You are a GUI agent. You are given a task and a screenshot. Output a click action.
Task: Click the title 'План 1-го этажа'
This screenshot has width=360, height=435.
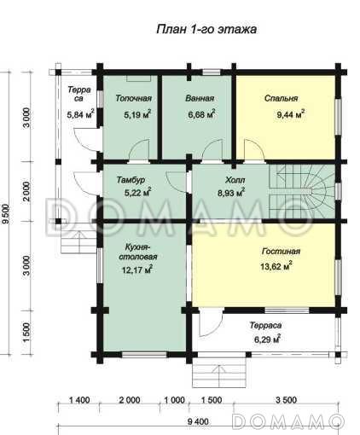click(206, 29)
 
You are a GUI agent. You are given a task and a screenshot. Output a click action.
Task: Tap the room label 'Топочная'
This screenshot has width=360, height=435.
click(133, 98)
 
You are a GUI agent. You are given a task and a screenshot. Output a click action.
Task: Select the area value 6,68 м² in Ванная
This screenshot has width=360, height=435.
click(201, 114)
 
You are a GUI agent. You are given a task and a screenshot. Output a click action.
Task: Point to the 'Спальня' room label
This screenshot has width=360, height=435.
click(281, 98)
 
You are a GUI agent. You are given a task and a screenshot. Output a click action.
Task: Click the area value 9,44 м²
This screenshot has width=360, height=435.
click(291, 114)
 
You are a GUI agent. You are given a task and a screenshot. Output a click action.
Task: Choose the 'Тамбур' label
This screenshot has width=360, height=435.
click(131, 180)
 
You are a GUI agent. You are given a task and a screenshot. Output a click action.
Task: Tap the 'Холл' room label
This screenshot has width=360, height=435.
click(235, 180)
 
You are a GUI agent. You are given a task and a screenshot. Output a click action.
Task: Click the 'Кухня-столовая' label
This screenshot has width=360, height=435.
click(137, 252)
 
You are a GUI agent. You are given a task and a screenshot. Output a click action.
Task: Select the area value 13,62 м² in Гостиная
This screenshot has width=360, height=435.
click(276, 266)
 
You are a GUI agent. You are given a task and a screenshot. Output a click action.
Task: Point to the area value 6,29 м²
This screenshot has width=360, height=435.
click(267, 339)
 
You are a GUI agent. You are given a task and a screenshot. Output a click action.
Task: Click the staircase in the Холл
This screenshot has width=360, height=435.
click(301, 192)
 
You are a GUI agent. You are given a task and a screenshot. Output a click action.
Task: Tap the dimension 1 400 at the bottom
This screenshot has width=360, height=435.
click(79, 400)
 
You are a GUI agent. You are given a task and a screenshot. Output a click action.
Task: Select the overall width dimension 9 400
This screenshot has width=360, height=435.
click(198, 421)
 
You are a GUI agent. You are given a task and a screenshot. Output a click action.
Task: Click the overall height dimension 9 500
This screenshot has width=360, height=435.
click(6, 213)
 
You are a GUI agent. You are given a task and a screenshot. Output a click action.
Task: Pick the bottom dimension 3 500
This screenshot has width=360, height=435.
click(286, 400)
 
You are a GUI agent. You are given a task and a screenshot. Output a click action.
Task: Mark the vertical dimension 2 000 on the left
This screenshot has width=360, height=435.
click(26, 191)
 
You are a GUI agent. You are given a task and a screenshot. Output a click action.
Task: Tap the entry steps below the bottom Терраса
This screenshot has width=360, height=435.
click(219, 373)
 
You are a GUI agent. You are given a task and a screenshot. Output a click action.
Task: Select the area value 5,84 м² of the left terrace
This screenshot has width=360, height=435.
click(80, 114)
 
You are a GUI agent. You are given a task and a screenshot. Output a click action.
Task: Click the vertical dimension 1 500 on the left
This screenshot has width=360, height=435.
click(26, 332)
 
